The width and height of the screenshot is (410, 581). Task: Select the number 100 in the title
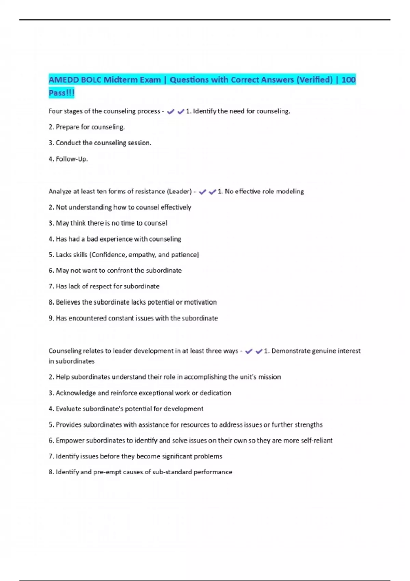point(348,80)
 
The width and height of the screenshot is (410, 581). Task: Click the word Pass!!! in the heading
point(61,93)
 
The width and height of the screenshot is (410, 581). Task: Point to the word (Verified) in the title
point(314,80)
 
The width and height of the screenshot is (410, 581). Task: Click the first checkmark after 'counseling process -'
point(170,112)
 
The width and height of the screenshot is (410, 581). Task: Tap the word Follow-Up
point(72,159)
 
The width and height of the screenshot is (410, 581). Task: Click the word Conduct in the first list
point(68,143)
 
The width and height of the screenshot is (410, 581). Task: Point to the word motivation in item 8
point(200,302)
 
